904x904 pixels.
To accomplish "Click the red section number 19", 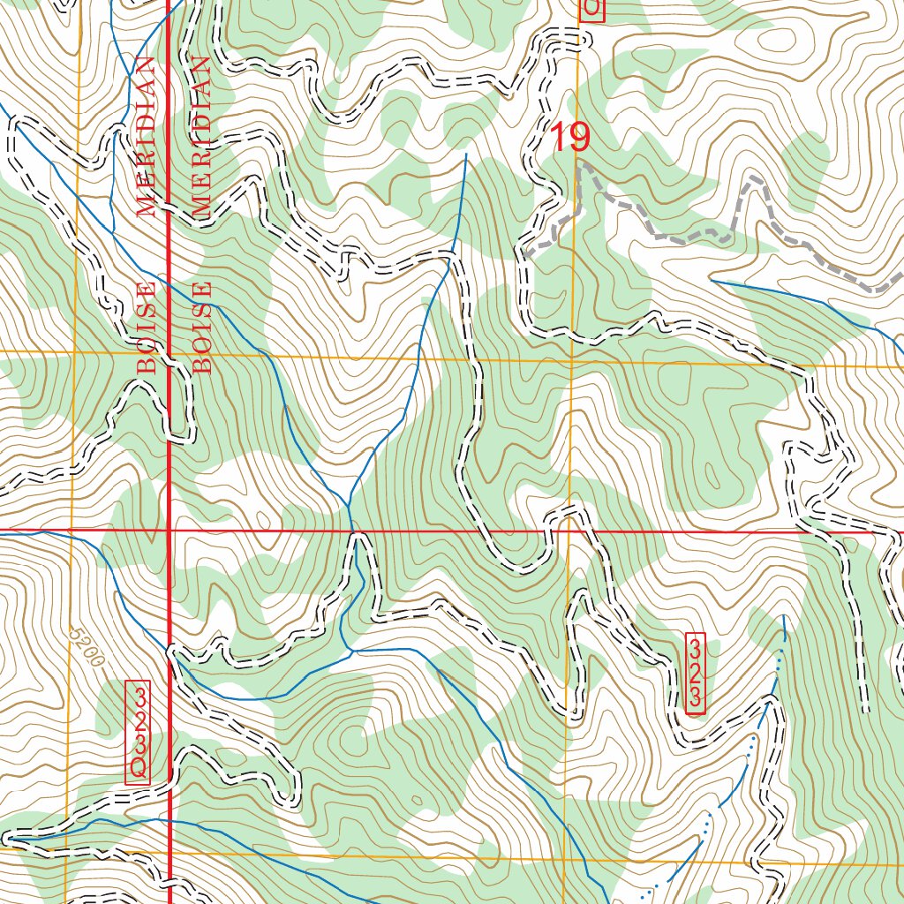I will point(569,137).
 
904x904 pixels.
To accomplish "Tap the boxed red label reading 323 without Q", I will point(696,674).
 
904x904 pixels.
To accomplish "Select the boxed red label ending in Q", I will point(139,732).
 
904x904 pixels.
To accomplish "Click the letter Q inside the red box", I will point(139,768).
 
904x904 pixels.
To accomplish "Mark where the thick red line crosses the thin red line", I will point(169,531).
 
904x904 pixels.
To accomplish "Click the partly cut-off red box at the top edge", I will point(592,10).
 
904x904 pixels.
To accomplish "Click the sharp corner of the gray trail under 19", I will point(578,164).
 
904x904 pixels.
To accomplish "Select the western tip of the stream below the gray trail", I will point(712,281).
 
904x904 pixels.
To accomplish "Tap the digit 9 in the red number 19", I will point(579,137).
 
